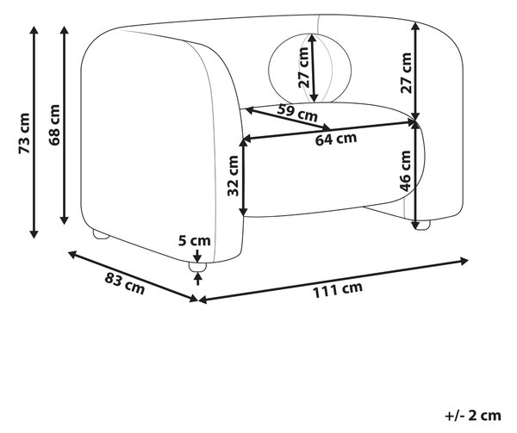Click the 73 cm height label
point(24,133)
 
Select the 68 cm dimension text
point(54,125)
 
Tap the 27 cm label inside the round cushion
point(303,67)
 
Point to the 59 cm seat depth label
point(297,112)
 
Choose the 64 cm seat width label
point(336,139)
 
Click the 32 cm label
point(234,176)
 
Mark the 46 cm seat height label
point(405,171)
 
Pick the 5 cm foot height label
point(195,241)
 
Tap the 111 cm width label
point(337,290)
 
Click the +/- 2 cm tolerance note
point(473,415)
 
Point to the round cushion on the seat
point(310,68)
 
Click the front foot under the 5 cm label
point(197,267)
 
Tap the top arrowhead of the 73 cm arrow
point(34,29)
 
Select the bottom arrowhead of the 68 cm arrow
point(65,220)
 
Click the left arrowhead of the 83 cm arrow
point(72,254)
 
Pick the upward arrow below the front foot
point(197,279)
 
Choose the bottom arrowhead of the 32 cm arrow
point(243,212)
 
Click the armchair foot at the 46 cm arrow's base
point(421,226)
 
